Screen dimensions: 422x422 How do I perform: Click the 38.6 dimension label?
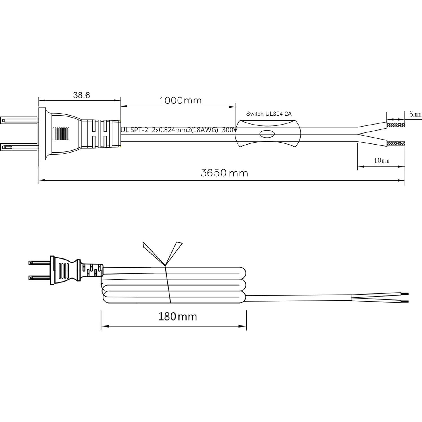point(81,95)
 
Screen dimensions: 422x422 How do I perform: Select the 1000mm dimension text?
point(180,100)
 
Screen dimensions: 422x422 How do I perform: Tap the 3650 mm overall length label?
point(224,173)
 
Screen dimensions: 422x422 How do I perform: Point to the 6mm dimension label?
point(415,114)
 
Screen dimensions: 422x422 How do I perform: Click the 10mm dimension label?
point(381,160)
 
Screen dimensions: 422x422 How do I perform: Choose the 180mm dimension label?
point(177,316)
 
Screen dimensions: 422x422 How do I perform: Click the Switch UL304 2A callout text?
point(269,114)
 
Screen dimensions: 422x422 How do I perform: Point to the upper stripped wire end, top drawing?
point(396,125)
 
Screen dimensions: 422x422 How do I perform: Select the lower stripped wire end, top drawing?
point(396,143)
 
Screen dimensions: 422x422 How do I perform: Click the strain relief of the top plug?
point(101,134)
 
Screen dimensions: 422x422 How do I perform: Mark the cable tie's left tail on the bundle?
point(152,252)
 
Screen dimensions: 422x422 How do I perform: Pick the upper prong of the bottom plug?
point(39,263)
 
